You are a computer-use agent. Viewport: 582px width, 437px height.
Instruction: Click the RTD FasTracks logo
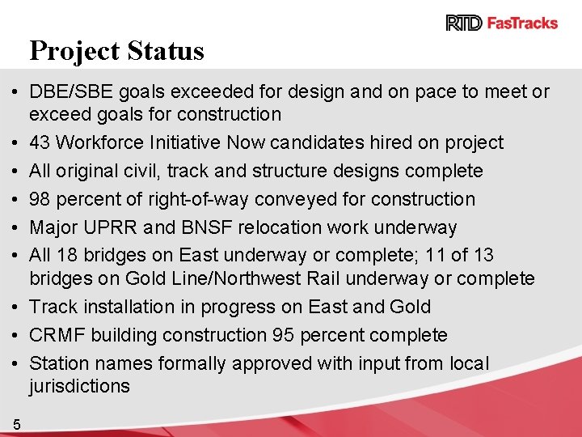coord(501,23)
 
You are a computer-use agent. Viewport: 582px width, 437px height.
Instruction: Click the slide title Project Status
coord(117,51)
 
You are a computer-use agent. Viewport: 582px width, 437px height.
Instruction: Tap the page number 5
coord(17,423)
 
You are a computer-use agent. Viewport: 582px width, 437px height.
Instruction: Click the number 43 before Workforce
coord(40,143)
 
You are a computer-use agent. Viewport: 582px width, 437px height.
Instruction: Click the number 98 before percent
coord(40,199)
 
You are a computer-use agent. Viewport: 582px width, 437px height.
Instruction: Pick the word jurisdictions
coord(79,387)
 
